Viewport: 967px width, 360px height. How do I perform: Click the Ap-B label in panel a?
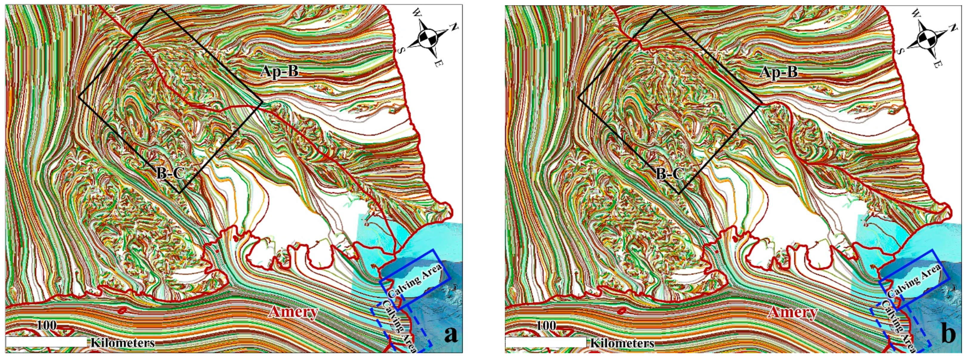pyautogui.click(x=280, y=71)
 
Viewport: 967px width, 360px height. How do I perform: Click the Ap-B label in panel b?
pyautogui.click(x=779, y=71)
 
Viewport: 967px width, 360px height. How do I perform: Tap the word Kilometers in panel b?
pyautogui.click(x=622, y=343)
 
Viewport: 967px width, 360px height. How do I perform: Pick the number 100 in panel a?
pyautogui.click(x=47, y=325)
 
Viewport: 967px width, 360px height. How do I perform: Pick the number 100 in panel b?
pyautogui.click(x=546, y=325)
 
